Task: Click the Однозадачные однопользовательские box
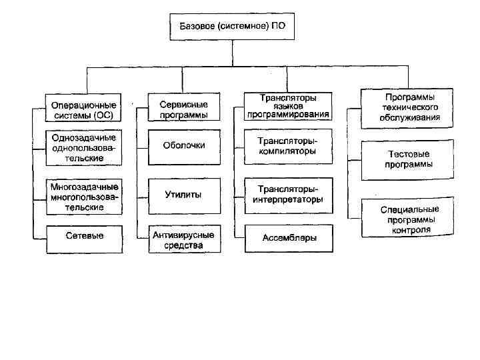pos(84,147)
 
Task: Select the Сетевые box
pos(84,236)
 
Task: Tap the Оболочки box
pos(184,145)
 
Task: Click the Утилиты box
pos(184,195)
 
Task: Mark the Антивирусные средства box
pos(184,240)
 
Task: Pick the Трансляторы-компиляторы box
pos(289,146)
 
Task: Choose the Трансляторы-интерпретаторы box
pos(289,195)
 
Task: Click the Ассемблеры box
pos(289,237)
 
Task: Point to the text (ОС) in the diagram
pos(105,115)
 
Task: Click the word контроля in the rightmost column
pos(411,229)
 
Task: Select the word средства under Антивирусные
pos(184,245)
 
